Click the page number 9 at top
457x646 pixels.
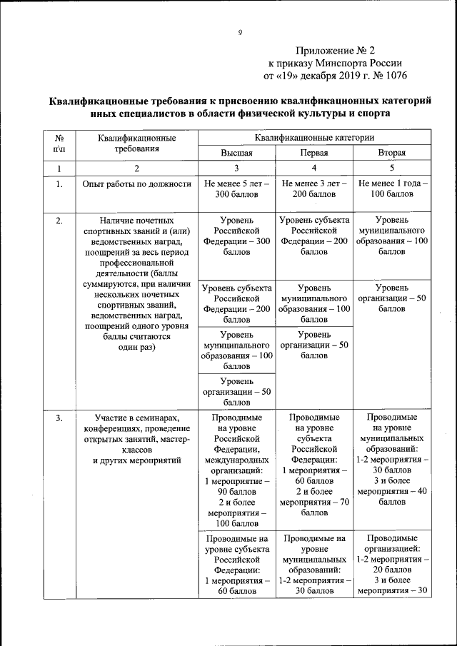[x=241, y=32]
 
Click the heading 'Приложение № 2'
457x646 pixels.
[x=335, y=51]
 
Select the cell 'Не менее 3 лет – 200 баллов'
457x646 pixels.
[x=313, y=188]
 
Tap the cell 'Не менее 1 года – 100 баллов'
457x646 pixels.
[x=391, y=188]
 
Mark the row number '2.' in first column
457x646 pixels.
[x=59, y=221]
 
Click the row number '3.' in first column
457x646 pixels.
[x=59, y=418]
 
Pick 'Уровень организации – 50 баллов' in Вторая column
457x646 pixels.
[x=391, y=298]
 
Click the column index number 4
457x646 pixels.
[x=313, y=168]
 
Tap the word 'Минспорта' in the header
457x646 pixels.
[x=345, y=63]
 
